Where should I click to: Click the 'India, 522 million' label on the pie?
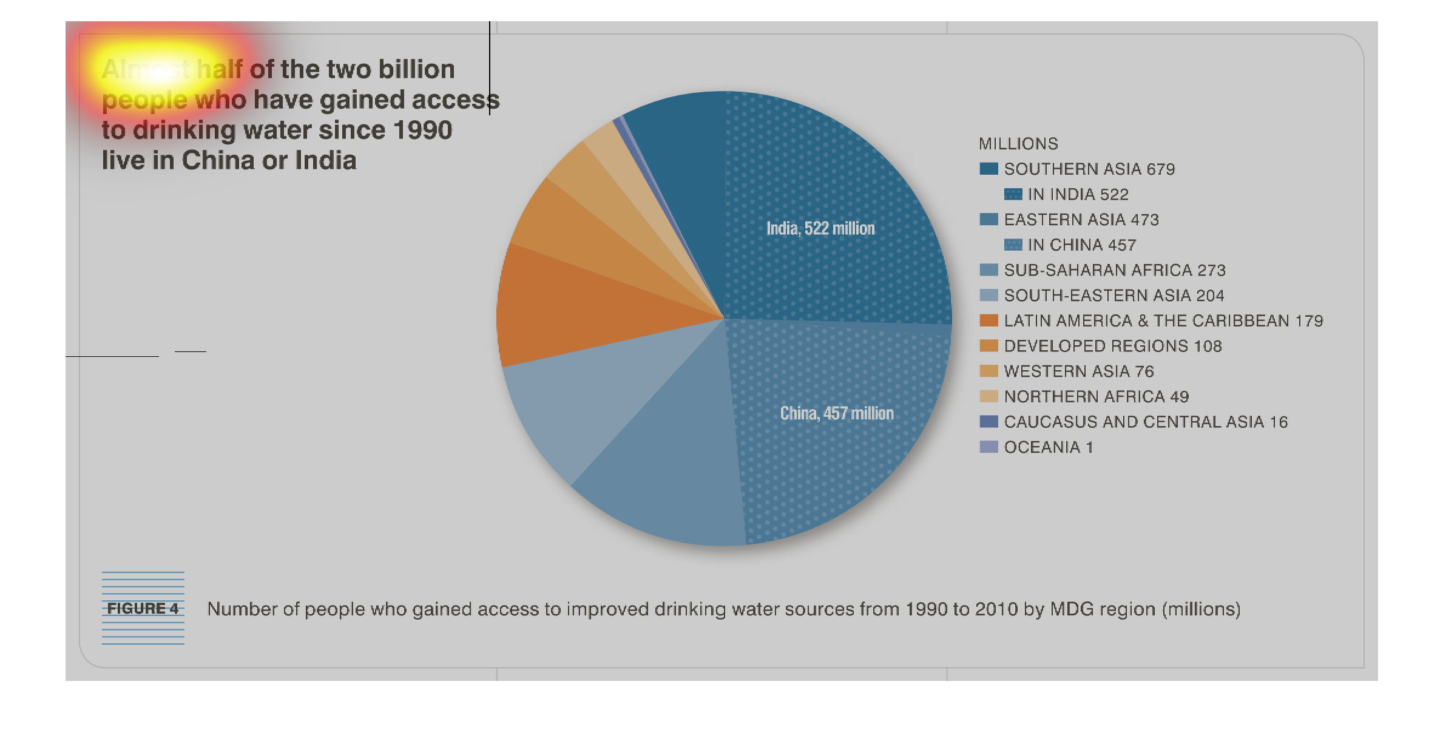(x=820, y=228)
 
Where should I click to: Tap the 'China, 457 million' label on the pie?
(x=837, y=413)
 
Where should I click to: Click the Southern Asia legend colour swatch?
(x=988, y=169)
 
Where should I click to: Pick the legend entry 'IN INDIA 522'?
(x=1078, y=194)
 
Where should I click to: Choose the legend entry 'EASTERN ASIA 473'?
(x=1081, y=220)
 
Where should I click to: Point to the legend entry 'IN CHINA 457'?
(x=1081, y=245)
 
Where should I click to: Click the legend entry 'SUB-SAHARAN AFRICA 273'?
(x=1115, y=270)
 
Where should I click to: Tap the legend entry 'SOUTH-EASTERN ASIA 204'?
(x=1114, y=296)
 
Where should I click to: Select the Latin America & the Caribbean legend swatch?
(x=988, y=320)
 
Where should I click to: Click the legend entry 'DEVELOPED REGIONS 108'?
(x=1113, y=346)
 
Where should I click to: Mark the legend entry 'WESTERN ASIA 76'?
(x=1079, y=371)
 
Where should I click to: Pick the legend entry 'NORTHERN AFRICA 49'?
(x=1097, y=397)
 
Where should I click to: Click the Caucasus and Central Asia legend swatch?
(x=988, y=422)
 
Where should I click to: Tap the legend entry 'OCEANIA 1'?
(x=1049, y=447)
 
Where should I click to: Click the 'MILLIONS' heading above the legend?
(x=1018, y=144)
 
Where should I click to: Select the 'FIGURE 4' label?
(x=143, y=608)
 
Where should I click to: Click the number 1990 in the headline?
(x=422, y=130)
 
